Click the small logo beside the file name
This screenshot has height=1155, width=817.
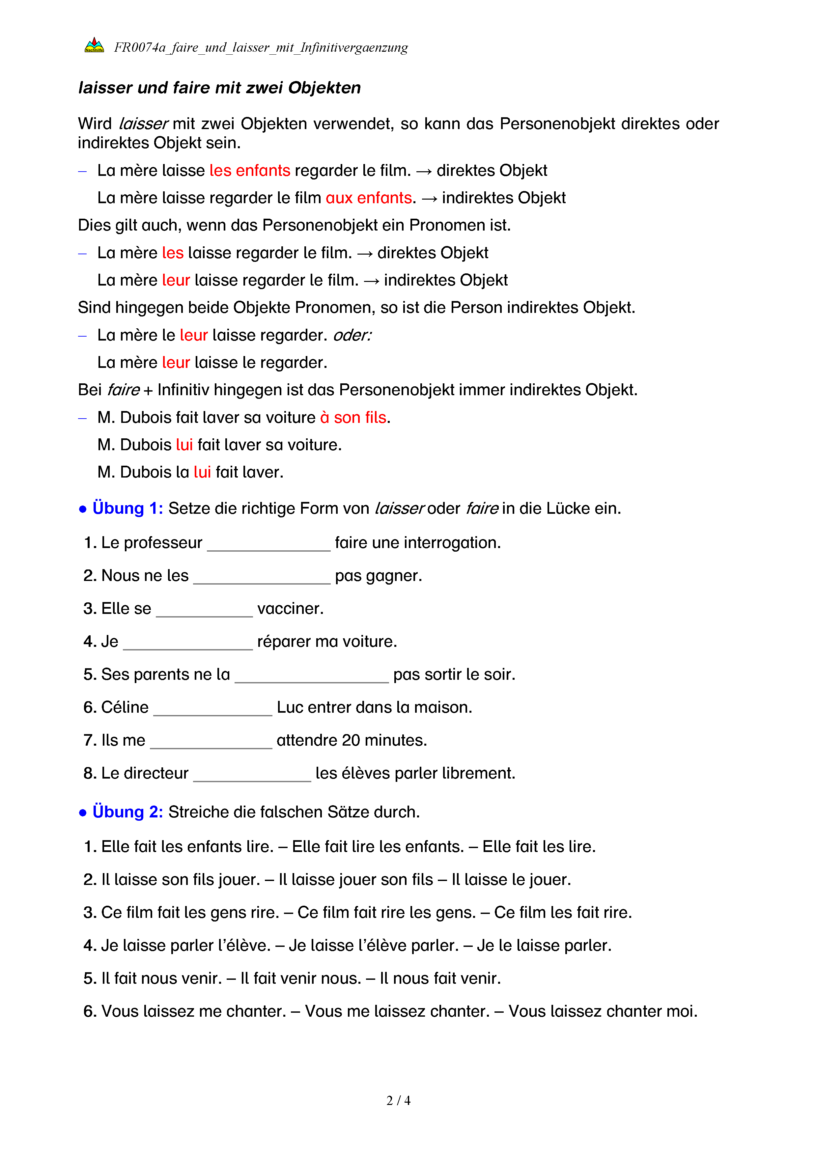[94, 46]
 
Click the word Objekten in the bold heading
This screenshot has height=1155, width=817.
[324, 88]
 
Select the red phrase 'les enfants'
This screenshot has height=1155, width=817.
[249, 171]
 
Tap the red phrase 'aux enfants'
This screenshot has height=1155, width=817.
[369, 198]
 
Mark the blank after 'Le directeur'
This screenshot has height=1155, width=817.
[252, 776]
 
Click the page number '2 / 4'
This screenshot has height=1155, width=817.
[398, 1101]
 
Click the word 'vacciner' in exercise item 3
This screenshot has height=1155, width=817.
[290, 609]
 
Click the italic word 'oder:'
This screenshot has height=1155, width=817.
[352, 335]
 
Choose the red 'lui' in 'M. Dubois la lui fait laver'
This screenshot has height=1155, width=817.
[202, 472]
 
